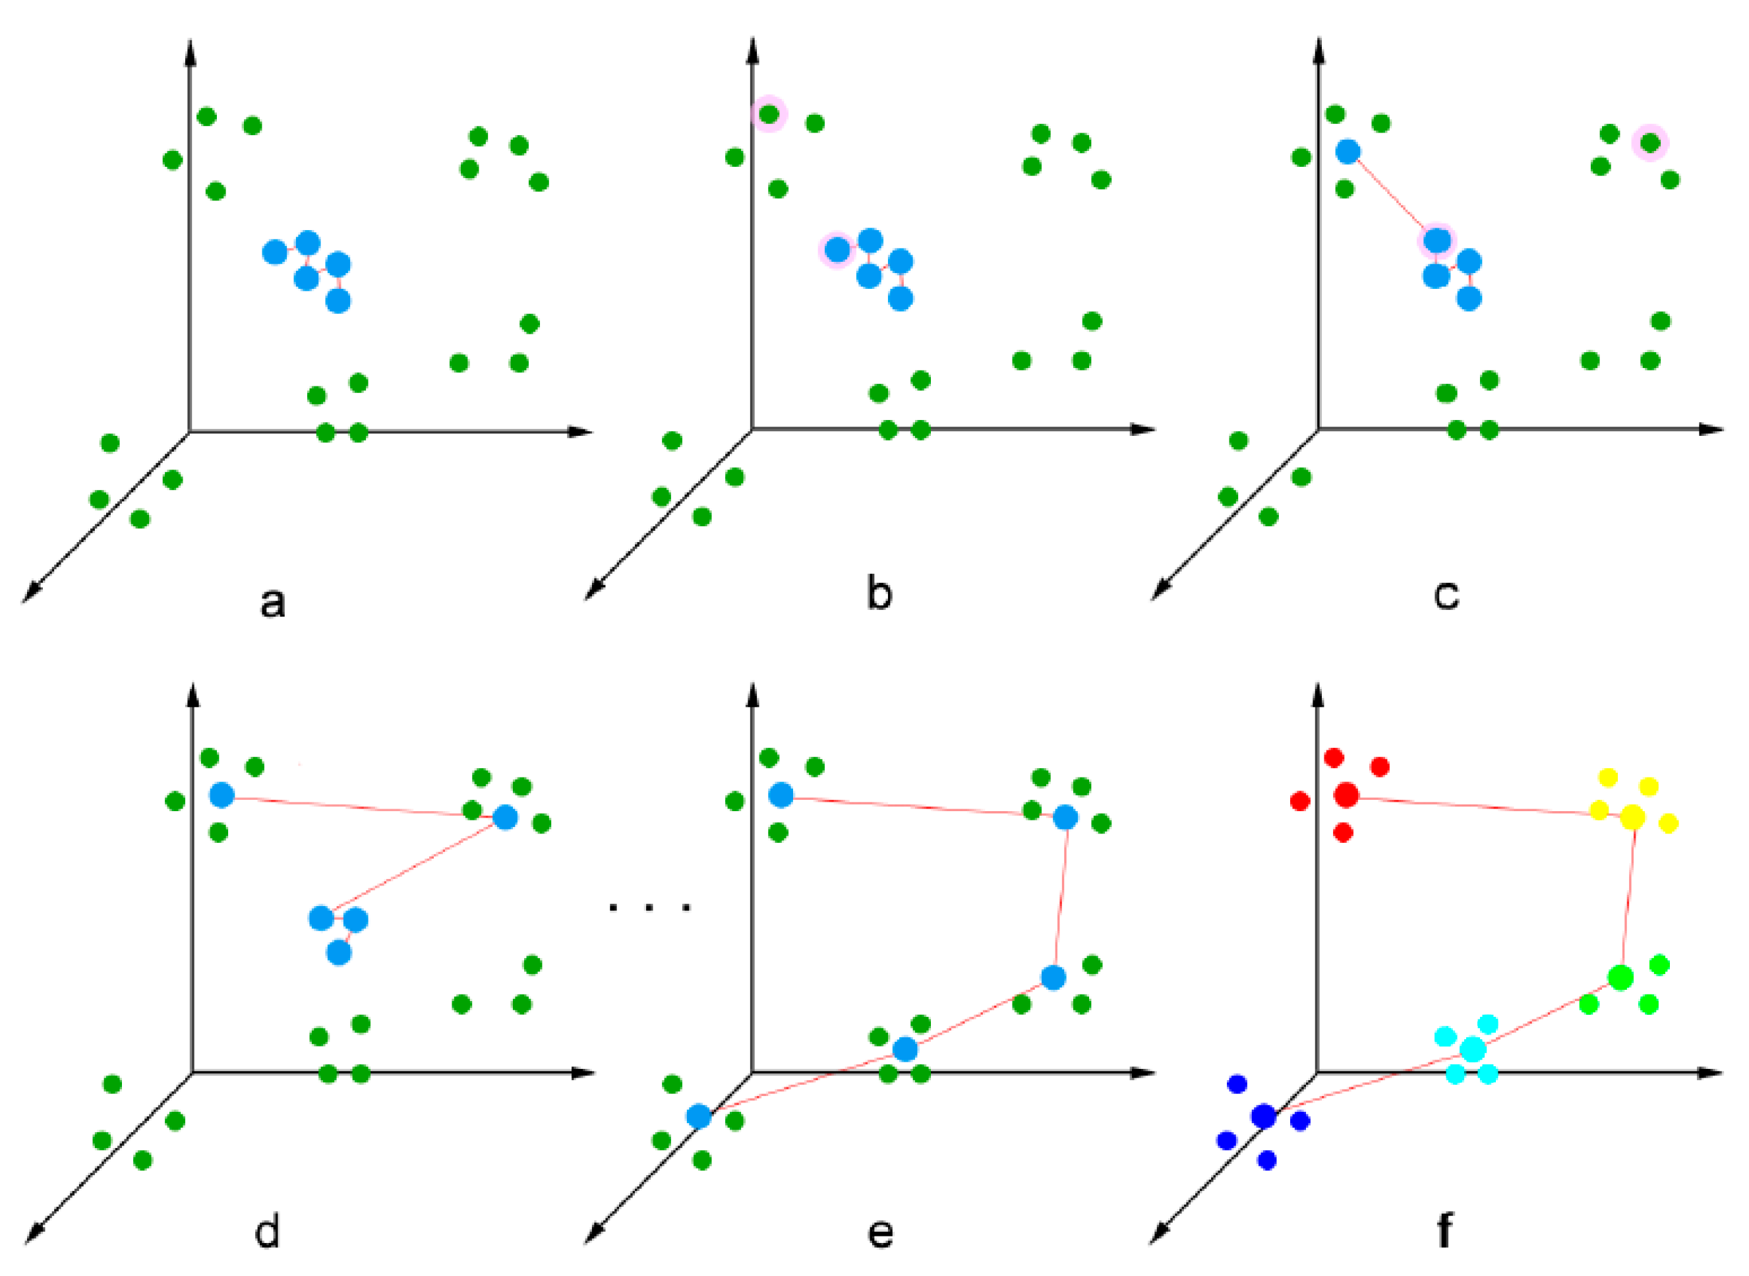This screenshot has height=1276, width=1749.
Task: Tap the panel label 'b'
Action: [879, 594]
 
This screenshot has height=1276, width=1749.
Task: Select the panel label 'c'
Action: [1446, 595]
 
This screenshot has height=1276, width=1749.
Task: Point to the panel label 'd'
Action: [267, 1231]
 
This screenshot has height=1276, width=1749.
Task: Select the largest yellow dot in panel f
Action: [1632, 816]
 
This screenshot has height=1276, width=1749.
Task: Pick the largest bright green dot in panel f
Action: [1620, 977]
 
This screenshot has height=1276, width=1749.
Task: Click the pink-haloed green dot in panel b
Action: [769, 114]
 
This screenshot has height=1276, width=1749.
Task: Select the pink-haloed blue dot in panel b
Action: [837, 249]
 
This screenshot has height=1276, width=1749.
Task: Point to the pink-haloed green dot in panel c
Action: [1650, 142]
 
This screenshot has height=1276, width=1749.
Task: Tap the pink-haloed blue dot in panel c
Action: [1437, 241]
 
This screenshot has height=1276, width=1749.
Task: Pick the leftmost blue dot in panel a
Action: [274, 252]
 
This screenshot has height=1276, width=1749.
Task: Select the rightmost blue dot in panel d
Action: [505, 817]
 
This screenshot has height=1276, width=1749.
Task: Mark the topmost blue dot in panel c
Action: [1348, 152]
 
